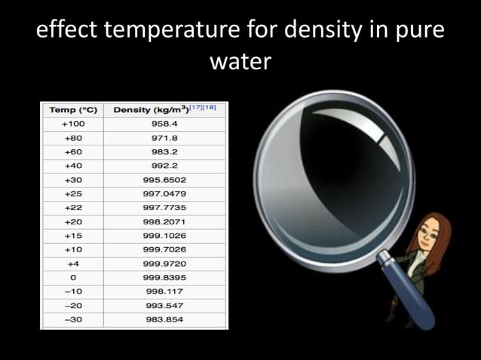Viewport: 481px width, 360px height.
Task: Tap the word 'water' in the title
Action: [x=240, y=61]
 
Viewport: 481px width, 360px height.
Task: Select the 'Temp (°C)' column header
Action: [x=73, y=110]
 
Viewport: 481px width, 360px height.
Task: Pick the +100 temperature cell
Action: [x=73, y=124]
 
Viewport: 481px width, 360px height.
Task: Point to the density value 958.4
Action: [x=164, y=124]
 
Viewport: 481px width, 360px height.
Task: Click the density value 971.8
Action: [x=164, y=138]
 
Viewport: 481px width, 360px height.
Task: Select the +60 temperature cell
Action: [x=73, y=152]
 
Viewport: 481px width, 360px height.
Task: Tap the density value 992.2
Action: [x=164, y=166]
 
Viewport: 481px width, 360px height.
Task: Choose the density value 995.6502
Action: [x=164, y=180]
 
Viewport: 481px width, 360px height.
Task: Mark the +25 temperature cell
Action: [x=73, y=194]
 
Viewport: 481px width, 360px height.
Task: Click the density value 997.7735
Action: [x=164, y=208]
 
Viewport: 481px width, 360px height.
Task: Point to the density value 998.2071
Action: [x=164, y=222]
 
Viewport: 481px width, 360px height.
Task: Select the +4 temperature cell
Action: [x=73, y=264]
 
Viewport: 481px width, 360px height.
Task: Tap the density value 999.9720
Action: [x=164, y=264]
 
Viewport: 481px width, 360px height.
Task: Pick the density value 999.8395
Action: [x=164, y=277]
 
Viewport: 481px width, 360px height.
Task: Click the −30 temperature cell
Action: [x=73, y=319]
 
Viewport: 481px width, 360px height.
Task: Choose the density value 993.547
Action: [x=164, y=305]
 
